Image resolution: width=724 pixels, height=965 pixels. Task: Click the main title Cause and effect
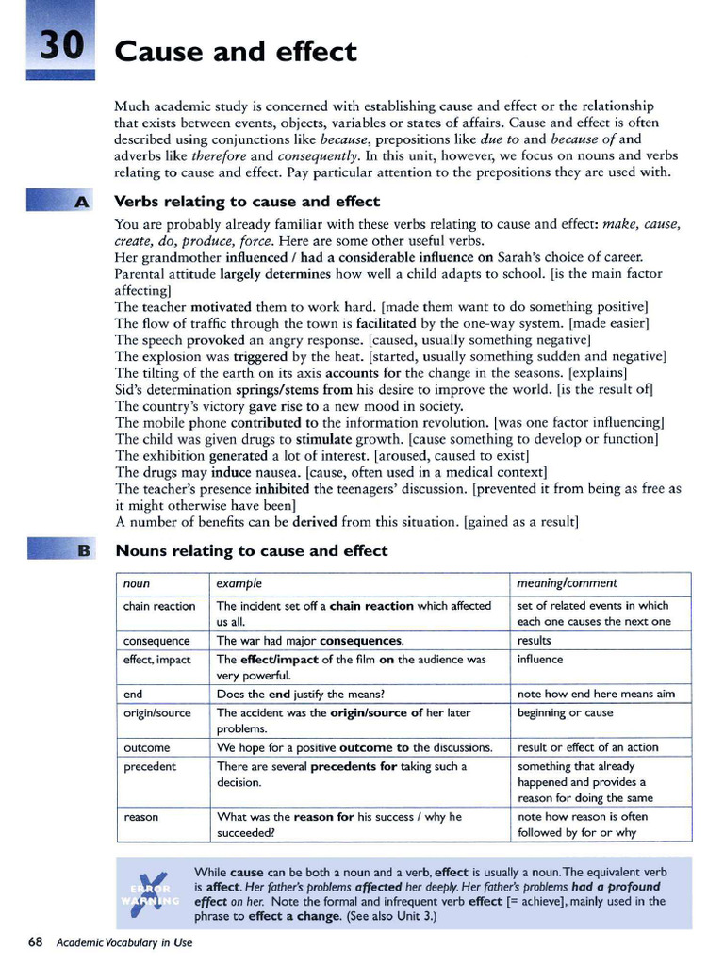pyautogui.click(x=236, y=51)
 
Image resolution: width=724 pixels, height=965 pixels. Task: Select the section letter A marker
pyautogui.click(x=81, y=202)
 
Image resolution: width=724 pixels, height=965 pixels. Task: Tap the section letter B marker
pyautogui.click(x=82, y=550)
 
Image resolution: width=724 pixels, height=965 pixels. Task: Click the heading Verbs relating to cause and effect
pyautogui.click(x=247, y=202)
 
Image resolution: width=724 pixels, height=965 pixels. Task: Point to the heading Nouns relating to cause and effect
pyautogui.click(x=251, y=550)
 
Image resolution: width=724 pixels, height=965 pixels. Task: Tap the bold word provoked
pyautogui.click(x=215, y=340)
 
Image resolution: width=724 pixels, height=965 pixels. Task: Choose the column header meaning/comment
pyautogui.click(x=568, y=583)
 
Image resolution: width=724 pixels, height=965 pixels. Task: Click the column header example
pyautogui.click(x=239, y=584)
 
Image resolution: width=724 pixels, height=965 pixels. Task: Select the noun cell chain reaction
pyautogui.click(x=159, y=606)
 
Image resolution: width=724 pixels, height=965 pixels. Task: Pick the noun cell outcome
pyautogui.click(x=147, y=747)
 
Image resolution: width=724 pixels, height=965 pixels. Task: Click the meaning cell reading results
pyautogui.click(x=535, y=641)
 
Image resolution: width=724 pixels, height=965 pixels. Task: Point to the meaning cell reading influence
pyautogui.click(x=540, y=660)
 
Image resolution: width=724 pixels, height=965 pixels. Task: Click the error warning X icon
pyautogui.click(x=152, y=891)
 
